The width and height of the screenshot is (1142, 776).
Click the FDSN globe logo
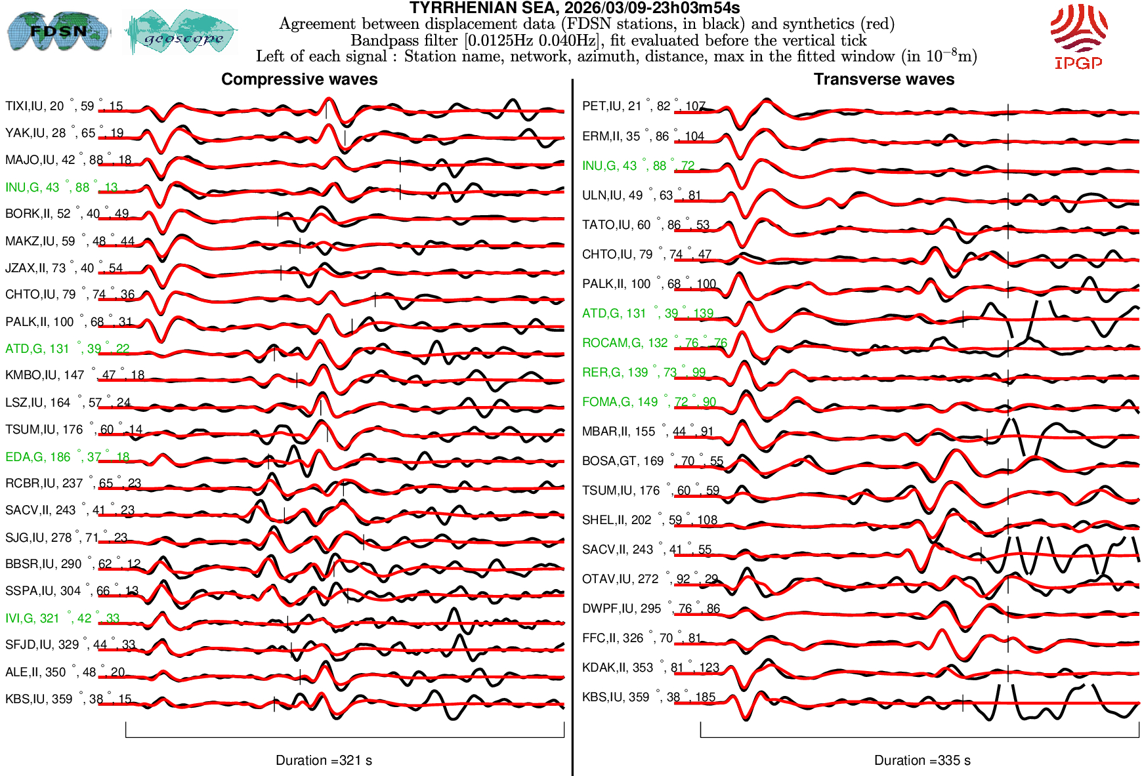pyautogui.click(x=58, y=31)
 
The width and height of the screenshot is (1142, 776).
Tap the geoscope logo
pyautogui.click(x=181, y=31)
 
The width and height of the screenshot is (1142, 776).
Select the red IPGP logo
pyautogui.click(x=1078, y=37)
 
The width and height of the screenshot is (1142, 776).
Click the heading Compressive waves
pyautogui.click(x=299, y=79)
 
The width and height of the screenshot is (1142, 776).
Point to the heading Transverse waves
pyautogui.click(x=883, y=79)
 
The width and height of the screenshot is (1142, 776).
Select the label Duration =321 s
pyautogui.click(x=324, y=760)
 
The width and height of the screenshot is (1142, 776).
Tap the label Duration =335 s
pyautogui.click(x=922, y=760)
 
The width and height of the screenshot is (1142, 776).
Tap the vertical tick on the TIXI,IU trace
pyautogui.click(x=326, y=110)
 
